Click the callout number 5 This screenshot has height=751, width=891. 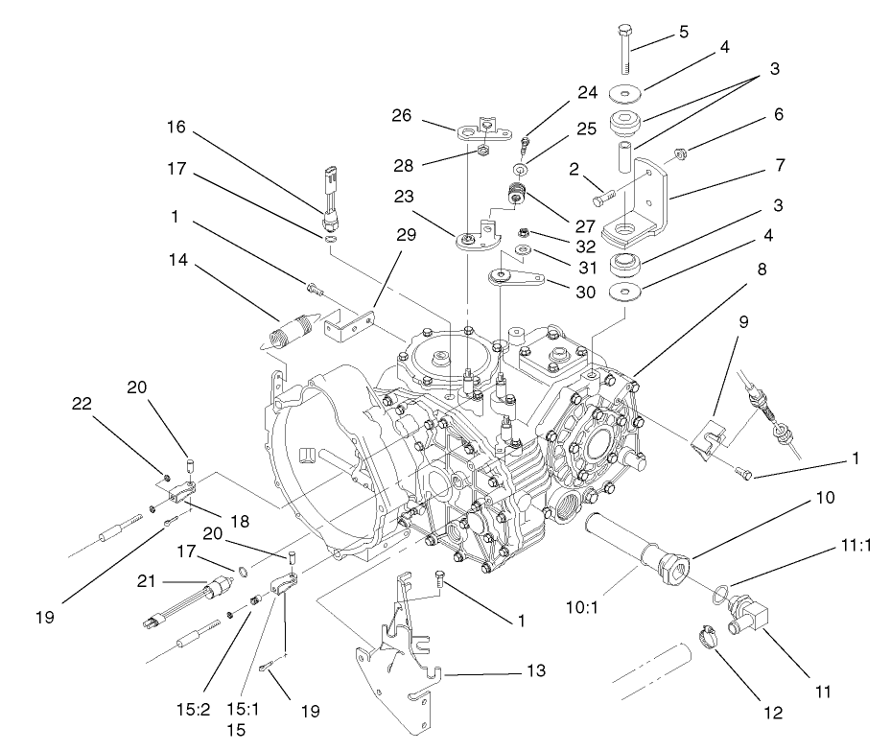click(x=684, y=32)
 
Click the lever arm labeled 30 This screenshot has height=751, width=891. click(x=521, y=281)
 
